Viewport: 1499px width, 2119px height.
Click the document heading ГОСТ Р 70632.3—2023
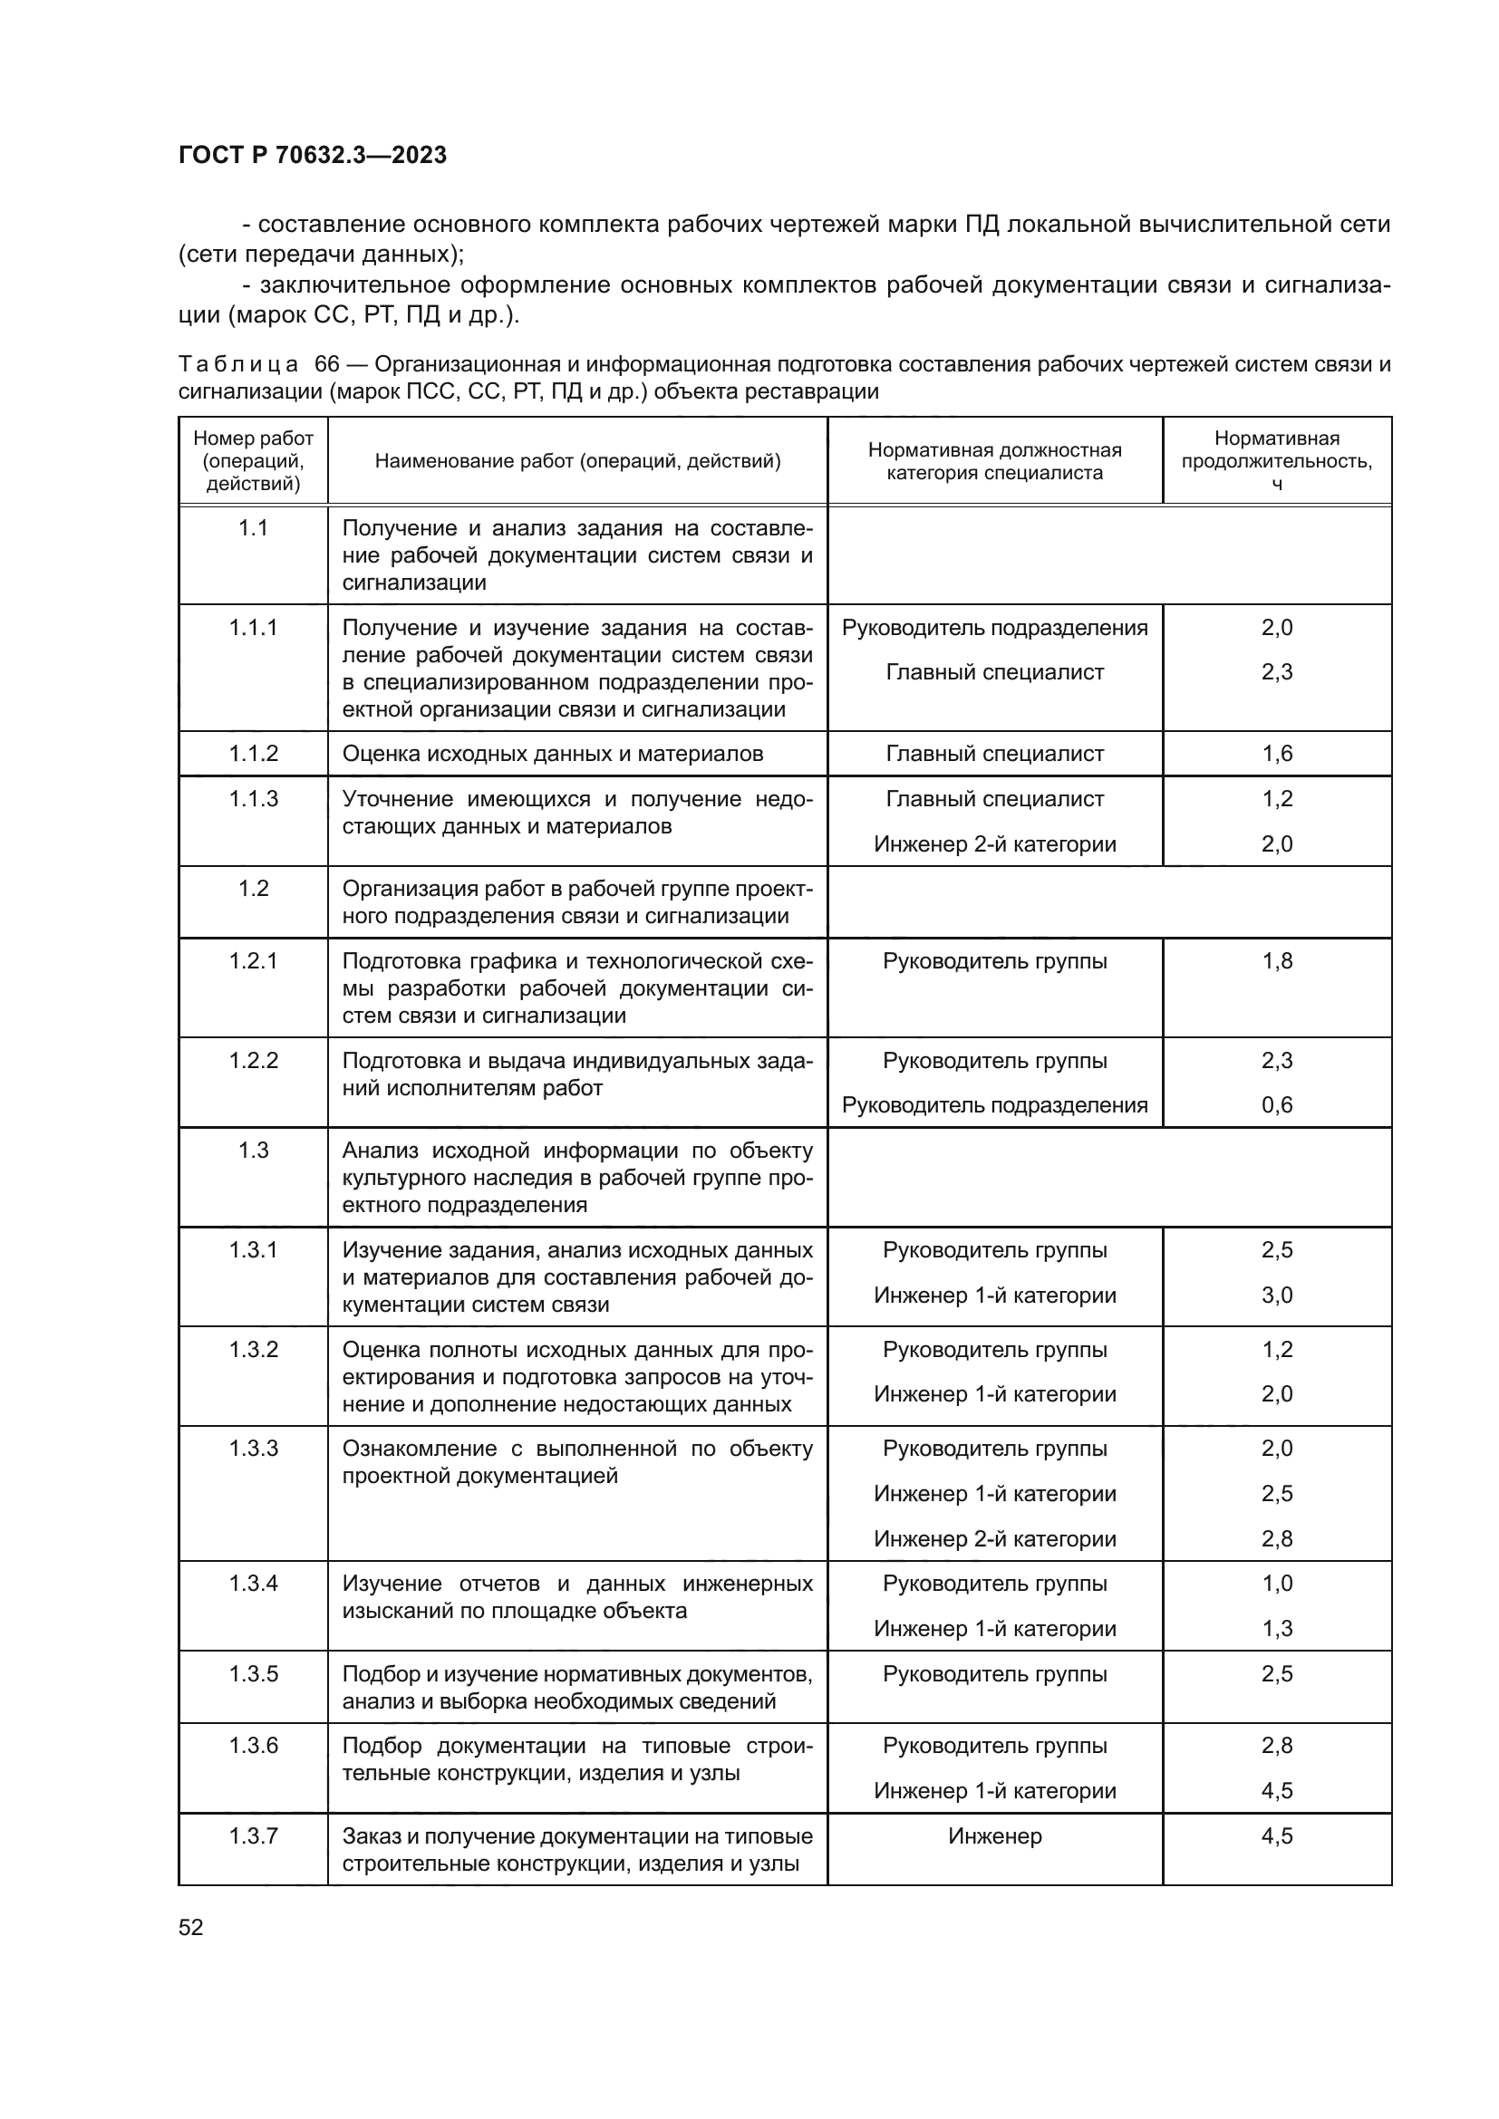coord(312,155)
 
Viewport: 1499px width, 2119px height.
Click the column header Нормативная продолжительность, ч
coord(1277,460)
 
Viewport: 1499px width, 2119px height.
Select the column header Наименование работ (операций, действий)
coord(577,460)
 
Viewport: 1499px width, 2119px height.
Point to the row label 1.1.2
coord(253,753)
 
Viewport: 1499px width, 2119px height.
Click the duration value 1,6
coord(1277,753)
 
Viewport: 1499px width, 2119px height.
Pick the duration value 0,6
coord(1277,1104)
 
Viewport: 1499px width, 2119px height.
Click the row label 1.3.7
coord(253,1835)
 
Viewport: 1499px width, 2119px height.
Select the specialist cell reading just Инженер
coord(994,1835)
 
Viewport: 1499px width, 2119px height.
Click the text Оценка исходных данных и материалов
coord(552,753)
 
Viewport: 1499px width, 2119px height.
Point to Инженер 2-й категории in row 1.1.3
coord(994,843)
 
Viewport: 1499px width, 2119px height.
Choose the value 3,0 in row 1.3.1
coord(1277,1295)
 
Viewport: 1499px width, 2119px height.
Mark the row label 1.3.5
coord(253,1673)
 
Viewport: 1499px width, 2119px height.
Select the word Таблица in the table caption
coord(238,363)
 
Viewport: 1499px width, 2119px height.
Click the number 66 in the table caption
coord(327,363)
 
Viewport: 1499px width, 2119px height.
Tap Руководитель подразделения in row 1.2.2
coord(994,1104)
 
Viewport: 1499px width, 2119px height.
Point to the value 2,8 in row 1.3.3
coord(1277,1538)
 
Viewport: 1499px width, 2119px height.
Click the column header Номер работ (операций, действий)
coord(253,460)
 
